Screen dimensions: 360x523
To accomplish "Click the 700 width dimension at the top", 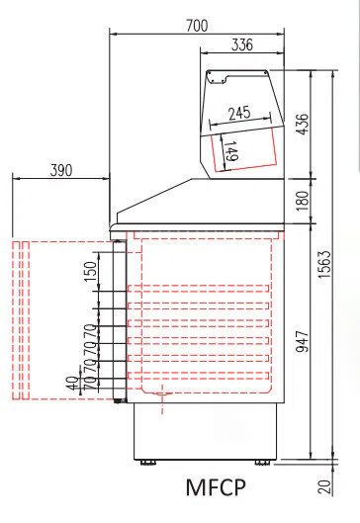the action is pyautogui.click(x=197, y=26).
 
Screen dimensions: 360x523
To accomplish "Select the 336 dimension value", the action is pyautogui.click(x=242, y=44).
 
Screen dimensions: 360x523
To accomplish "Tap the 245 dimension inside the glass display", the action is pyautogui.click(x=239, y=114).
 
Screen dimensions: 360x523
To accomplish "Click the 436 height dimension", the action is pyautogui.click(x=303, y=125).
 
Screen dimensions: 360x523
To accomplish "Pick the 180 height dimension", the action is pyautogui.click(x=303, y=201).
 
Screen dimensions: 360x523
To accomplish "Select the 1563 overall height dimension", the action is pyautogui.click(x=324, y=264).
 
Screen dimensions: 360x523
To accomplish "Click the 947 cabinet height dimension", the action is pyautogui.click(x=303, y=341).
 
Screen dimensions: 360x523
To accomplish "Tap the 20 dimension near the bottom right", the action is pyautogui.click(x=325, y=487).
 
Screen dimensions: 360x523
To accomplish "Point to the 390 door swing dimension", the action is pyautogui.click(x=61, y=170).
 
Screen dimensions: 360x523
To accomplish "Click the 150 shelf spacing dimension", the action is pyautogui.click(x=90, y=271).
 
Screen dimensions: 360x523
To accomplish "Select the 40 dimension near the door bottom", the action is pyautogui.click(x=73, y=383).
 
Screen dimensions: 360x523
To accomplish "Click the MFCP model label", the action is pyautogui.click(x=216, y=487).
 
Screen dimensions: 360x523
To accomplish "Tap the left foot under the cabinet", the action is pyautogui.click(x=147, y=463).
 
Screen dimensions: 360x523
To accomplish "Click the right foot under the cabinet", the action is pyautogui.click(x=262, y=463).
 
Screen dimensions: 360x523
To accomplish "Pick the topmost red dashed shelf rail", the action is pyautogui.click(x=198, y=289).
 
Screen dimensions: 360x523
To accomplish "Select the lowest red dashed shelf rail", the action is pyautogui.click(x=198, y=376).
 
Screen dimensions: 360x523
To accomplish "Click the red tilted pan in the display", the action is pyautogui.click(x=243, y=150).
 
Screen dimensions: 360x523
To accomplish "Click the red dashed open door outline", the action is pyautogui.click(x=21, y=320).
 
